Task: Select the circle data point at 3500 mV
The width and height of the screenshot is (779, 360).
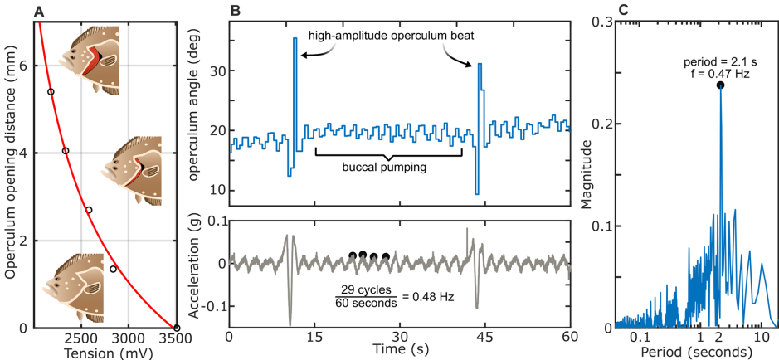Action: [177, 328]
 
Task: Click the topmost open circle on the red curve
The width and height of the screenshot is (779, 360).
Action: [51, 92]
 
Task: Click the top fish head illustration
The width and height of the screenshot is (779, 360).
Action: [90, 56]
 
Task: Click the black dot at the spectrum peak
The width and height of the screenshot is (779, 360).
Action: [720, 85]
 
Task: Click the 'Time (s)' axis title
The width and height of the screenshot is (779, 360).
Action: [399, 352]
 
